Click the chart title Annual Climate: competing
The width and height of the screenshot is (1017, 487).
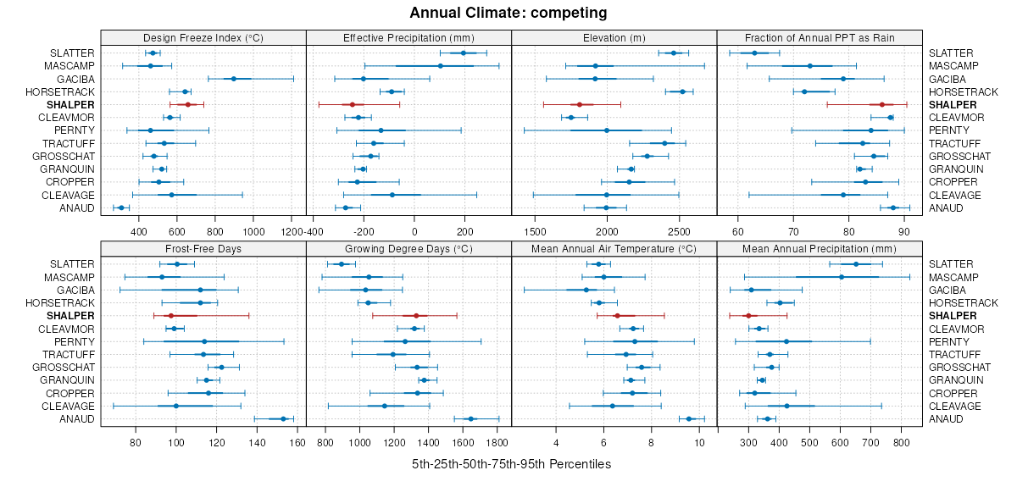coord(508,13)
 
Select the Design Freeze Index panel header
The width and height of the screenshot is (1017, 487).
coord(203,37)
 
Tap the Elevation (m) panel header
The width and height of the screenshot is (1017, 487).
coord(614,37)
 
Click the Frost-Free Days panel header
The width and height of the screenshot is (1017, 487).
coord(203,249)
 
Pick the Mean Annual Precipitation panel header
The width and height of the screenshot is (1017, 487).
coord(820,249)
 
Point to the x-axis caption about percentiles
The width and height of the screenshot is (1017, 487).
coord(511,464)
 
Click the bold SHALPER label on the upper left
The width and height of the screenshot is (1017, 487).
coord(72,104)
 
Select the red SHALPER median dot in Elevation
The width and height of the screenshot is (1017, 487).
coord(579,104)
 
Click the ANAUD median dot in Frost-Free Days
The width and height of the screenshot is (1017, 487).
coord(283,419)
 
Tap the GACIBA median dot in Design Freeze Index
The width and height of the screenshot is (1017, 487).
coord(234,79)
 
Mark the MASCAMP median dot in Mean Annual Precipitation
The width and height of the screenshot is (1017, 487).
coord(842,277)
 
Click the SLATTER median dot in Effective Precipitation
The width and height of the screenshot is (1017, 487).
coord(463,53)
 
